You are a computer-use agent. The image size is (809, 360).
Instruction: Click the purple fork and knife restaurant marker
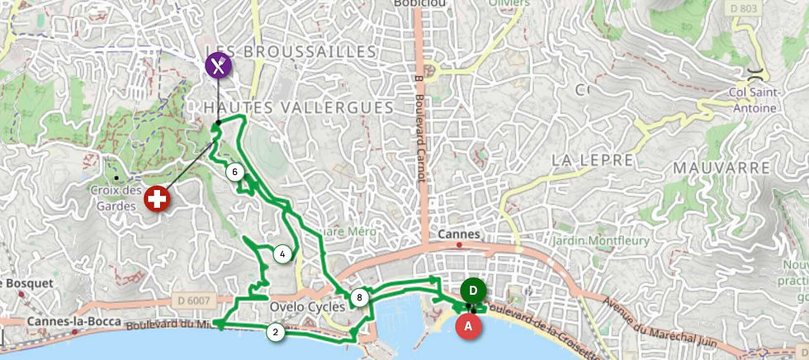[x=218, y=64]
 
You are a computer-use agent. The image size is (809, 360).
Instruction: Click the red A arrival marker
[x=469, y=325]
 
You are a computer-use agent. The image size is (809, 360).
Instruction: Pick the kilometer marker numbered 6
[x=235, y=172]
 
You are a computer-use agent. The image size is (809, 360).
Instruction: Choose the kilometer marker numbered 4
[x=282, y=253]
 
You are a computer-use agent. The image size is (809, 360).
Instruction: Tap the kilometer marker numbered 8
[x=359, y=297]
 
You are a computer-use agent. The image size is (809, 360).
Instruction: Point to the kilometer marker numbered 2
[x=275, y=332]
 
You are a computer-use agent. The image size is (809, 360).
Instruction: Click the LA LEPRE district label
[x=592, y=159]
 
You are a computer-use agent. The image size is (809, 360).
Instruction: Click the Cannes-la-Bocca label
[x=74, y=321]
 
